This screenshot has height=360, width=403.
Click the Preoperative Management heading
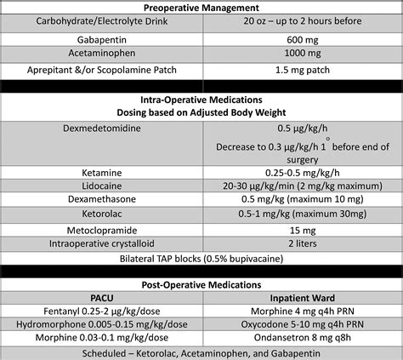[201, 8]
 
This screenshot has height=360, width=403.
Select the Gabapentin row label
[101, 39]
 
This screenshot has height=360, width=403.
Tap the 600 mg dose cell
[302, 39]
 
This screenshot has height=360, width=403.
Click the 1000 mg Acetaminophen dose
[302, 54]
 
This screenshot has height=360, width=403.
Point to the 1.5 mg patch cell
[302, 70]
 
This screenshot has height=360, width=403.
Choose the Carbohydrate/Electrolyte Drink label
[101, 23]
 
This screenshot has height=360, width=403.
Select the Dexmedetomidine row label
[101, 129]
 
